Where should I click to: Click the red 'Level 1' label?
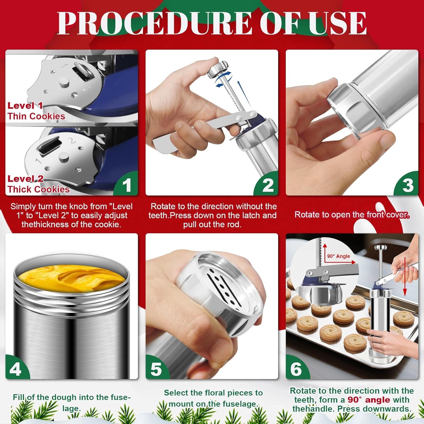click(25, 106)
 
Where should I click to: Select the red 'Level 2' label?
click(25, 179)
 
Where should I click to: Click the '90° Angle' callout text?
click(338, 256)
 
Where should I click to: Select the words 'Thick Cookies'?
click(38, 189)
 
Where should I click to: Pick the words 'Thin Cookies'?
click(36, 116)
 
